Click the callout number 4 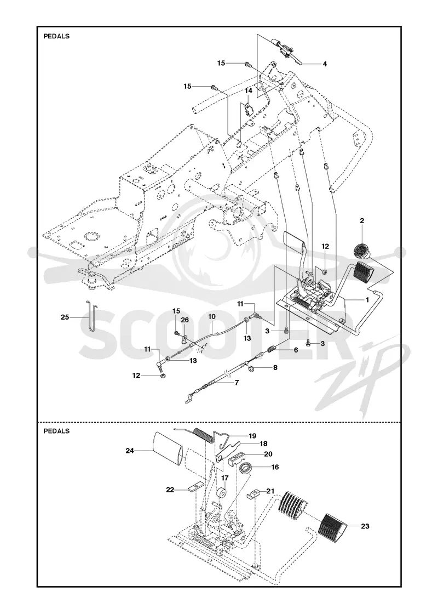(325, 64)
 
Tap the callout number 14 (249, 91)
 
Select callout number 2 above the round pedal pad (362, 221)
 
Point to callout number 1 (367, 299)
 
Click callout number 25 (65, 317)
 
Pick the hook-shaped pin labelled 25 (91, 315)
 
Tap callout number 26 (185, 320)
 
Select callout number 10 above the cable (211, 316)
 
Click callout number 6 (296, 350)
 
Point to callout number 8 (275, 368)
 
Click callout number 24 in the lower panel (130, 451)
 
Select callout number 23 (365, 526)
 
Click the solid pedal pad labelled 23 (332, 526)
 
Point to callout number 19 (252, 436)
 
